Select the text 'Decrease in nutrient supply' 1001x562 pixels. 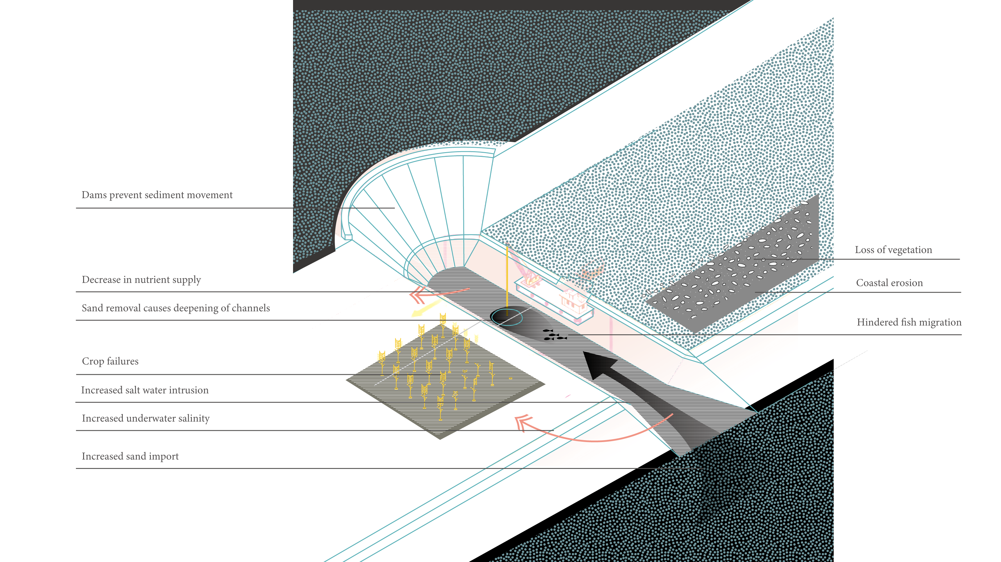pyautogui.click(x=142, y=280)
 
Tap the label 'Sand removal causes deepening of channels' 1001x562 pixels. pyautogui.click(x=176, y=308)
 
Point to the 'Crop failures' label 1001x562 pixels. pyautogui.click(x=110, y=361)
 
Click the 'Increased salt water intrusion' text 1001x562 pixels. pyautogui.click(x=145, y=390)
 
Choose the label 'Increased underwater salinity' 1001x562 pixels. pyautogui.click(x=146, y=419)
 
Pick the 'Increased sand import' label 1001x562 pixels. pyautogui.click(x=130, y=456)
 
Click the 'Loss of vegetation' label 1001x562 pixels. pyautogui.click(x=893, y=250)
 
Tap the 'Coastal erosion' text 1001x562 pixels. pyautogui.click(x=889, y=283)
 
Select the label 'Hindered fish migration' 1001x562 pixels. pyautogui.click(x=909, y=322)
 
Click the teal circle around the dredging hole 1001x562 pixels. pyautogui.click(x=507, y=317)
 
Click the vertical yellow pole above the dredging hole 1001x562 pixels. pyautogui.click(x=507, y=276)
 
